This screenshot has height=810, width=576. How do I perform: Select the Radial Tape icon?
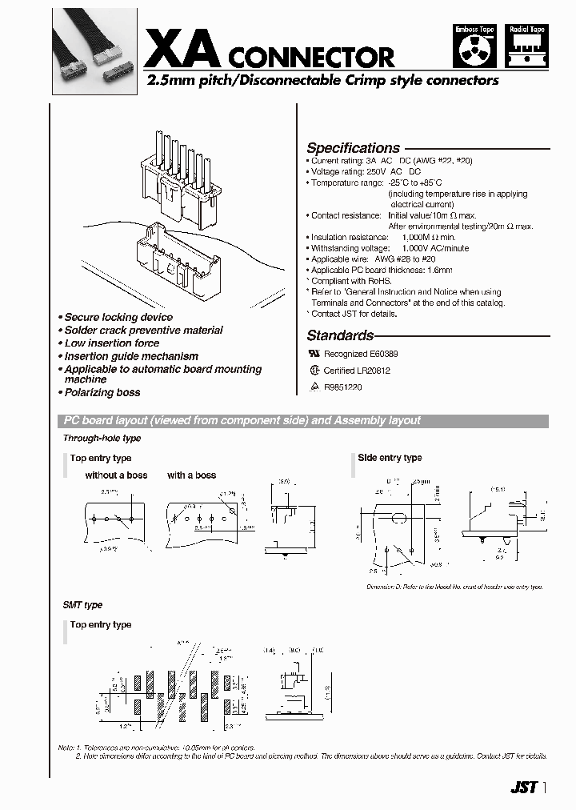point(526,48)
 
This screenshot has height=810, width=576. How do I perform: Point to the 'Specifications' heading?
point(353,148)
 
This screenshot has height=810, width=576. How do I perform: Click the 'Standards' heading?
point(340,336)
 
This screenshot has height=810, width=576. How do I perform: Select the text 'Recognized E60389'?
point(360,354)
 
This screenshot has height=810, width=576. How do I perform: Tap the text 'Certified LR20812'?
point(356,371)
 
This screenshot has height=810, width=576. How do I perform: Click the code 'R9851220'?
point(342,387)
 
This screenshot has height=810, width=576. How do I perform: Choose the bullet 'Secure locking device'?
point(118,318)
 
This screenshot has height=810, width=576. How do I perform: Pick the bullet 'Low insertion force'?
point(111,343)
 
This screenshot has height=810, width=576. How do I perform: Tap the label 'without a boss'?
point(116,475)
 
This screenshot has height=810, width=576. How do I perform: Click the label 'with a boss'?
point(191,475)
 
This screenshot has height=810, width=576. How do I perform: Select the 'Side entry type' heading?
point(390,458)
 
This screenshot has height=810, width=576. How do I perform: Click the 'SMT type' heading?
point(82,605)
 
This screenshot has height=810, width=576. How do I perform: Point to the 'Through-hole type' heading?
point(102,439)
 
